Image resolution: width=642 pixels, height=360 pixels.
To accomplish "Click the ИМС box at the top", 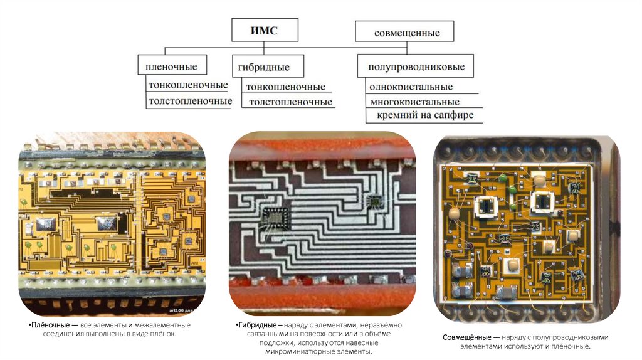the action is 264,30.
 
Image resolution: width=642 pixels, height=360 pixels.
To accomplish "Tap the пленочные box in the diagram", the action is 171,66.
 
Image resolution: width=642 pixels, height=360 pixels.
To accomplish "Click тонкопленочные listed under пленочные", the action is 187,85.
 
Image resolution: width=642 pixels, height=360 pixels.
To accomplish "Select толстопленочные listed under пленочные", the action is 189,101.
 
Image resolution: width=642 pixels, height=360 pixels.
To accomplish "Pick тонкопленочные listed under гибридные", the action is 285,87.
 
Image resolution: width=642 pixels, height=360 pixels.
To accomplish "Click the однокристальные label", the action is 411,87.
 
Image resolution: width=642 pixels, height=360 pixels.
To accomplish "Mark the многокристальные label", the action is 414,102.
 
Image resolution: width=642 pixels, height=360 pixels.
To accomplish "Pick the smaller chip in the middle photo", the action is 374,201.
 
